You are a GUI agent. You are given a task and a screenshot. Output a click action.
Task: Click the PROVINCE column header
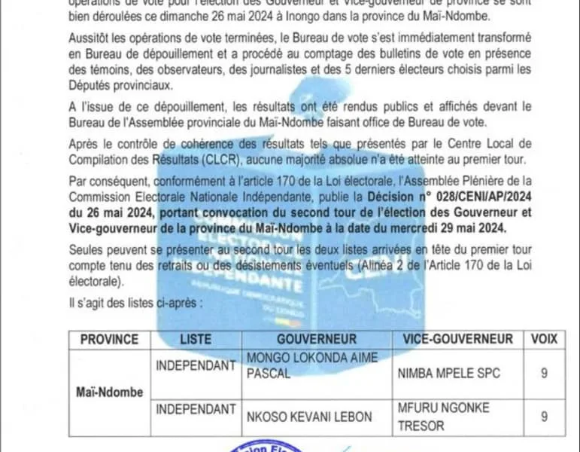click(x=109, y=339)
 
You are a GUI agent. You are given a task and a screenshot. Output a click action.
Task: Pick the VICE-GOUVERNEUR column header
click(x=457, y=339)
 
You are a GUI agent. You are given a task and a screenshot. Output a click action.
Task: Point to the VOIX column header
click(x=544, y=339)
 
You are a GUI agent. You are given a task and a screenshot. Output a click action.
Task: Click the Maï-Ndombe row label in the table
click(x=109, y=392)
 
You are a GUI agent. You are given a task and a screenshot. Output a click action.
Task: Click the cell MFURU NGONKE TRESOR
click(x=443, y=416)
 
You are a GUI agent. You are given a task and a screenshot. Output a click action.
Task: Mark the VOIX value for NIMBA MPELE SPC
click(x=544, y=373)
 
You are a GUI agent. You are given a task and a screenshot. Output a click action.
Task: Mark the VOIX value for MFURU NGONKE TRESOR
click(x=544, y=416)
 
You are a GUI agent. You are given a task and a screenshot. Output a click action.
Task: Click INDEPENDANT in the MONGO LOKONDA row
click(x=195, y=365)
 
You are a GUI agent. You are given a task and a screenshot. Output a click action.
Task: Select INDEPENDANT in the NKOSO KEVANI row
click(x=195, y=408)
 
